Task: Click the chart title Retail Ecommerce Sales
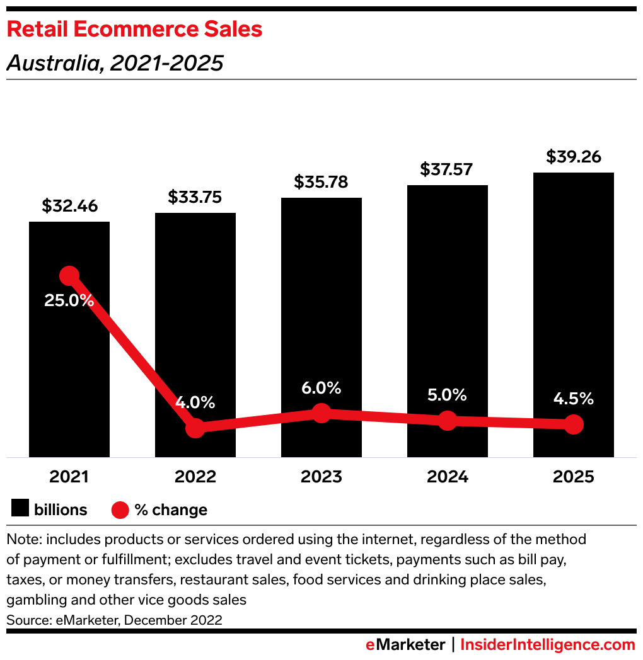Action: pos(134,30)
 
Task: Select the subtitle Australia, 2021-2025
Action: pos(115,63)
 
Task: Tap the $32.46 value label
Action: pos(69,206)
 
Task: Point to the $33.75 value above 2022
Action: pos(195,197)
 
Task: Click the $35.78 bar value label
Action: pos(321,182)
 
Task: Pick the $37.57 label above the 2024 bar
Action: pos(447,169)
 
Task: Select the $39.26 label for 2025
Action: pos(573,157)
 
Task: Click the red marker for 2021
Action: pos(69,275)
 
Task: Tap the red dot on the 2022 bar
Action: pos(195,428)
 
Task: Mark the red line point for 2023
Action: pos(321,413)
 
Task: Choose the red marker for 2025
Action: pos(574,424)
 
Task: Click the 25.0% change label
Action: pos(69,300)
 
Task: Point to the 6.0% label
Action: pos(321,388)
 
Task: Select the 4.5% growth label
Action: pos(573,399)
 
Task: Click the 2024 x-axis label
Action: pos(447,477)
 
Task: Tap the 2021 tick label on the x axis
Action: pos(69,477)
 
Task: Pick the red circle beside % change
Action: pos(120,509)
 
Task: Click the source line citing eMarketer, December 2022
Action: pos(114,620)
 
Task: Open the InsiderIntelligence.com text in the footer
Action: pos(548,645)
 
